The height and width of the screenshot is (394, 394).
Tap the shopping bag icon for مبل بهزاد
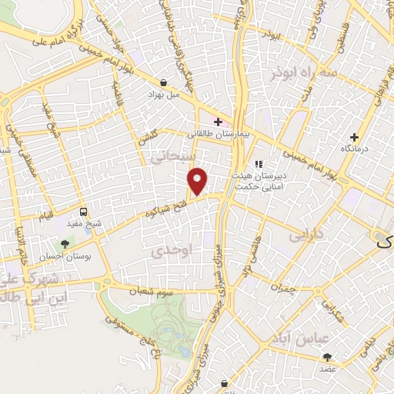tap(163, 82)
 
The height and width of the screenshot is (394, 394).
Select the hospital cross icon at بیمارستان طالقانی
tap(219, 122)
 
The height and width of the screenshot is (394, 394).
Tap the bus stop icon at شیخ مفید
tap(83, 211)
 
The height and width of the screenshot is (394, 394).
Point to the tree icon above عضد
tap(328, 356)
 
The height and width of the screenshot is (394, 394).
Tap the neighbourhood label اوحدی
tap(165, 251)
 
